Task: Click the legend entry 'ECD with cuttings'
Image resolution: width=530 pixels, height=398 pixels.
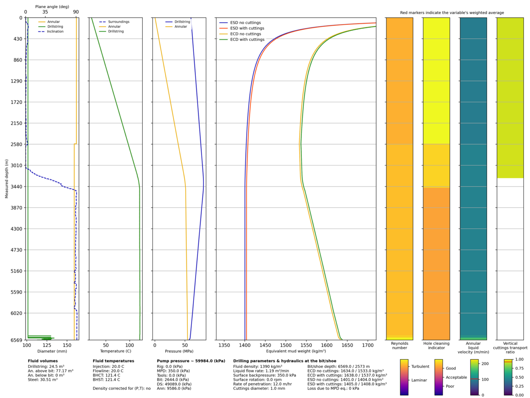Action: [x=247, y=39]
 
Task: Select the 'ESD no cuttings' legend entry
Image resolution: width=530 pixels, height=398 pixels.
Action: [x=245, y=23]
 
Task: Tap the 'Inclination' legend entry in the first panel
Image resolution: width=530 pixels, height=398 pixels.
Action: [x=55, y=32]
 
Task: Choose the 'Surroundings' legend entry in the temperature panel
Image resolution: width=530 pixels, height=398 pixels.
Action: [x=119, y=22]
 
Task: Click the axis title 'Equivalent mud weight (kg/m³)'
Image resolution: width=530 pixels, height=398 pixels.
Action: [x=296, y=351]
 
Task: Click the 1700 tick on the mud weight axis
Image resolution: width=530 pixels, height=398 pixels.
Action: [x=368, y=346]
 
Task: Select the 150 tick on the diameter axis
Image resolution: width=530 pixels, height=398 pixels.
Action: [x=67, y=346]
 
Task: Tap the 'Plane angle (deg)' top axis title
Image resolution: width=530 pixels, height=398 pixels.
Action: [x=52, y=7]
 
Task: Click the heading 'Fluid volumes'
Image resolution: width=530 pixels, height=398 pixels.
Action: [x=43, y=361]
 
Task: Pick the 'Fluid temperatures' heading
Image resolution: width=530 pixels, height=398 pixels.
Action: [x=113, y=361]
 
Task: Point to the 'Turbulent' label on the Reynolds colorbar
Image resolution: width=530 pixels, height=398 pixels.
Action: [x=420, y=367]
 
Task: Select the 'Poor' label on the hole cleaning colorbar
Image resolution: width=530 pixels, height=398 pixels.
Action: [x=450, y=387]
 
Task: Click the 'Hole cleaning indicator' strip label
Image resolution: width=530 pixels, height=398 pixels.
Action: [x=437, y=346]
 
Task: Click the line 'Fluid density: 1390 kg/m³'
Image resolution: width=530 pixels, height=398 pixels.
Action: [x=258, y=367]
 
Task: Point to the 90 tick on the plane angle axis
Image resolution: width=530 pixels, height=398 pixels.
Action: [x=76, y=12]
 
